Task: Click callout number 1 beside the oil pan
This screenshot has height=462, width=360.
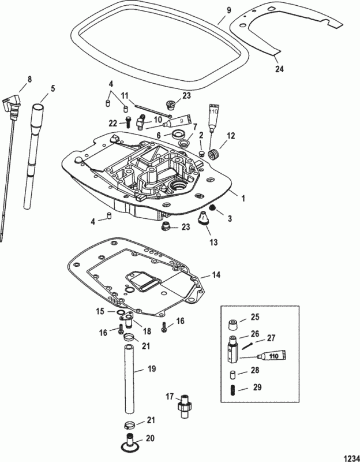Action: tap(243, 198)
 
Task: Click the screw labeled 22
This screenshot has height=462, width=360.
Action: tap(128, 122)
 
